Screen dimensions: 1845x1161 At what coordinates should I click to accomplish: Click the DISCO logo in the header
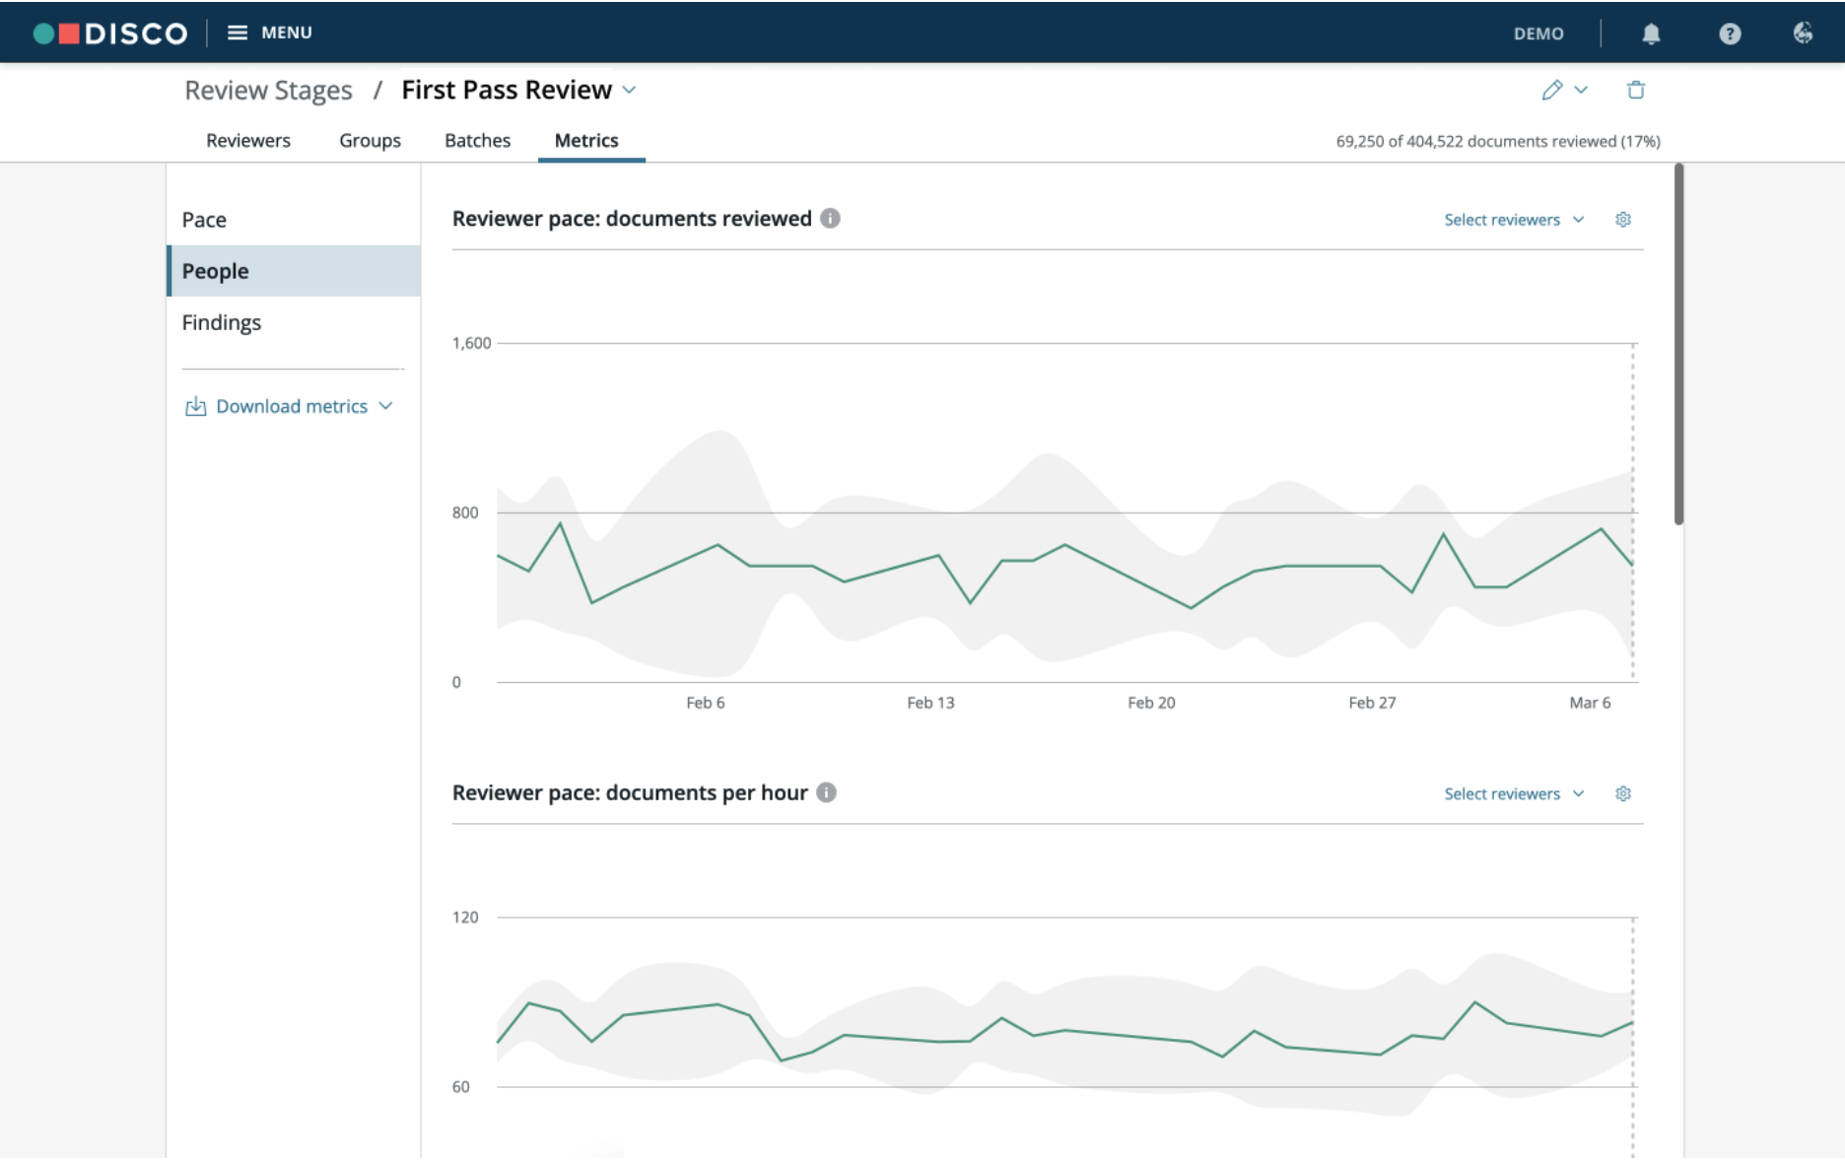(110, 34)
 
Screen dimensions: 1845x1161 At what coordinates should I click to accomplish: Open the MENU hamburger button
(269, 33)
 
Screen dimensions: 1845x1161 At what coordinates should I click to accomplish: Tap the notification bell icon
(1651, 34)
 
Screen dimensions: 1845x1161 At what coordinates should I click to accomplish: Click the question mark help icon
(1730, 34)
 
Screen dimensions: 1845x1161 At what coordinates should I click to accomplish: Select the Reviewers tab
(248, 140)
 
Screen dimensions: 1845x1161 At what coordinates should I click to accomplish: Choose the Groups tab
(370, 140)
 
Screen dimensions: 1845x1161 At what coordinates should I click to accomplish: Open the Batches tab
(477, 140)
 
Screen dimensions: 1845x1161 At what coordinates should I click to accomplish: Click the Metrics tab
(586, 140)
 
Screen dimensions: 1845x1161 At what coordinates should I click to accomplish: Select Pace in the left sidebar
(204, 220)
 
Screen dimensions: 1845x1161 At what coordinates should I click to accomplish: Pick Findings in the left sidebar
(222, 322)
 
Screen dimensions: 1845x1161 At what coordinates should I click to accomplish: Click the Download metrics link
(290, 406)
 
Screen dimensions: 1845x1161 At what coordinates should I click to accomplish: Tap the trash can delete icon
(1636, 90)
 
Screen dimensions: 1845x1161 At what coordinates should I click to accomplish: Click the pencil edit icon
(1552, 90)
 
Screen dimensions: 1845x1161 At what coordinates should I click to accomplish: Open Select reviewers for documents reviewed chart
(1514, 220)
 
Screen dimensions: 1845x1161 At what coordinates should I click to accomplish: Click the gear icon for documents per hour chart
(1623, 793)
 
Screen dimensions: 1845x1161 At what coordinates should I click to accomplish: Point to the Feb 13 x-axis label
(930, 703)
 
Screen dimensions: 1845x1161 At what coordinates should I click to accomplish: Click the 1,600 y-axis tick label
(471, 343)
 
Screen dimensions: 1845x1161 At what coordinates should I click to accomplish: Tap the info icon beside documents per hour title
(827, 792)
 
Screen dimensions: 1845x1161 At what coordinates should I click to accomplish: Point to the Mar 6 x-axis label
(1590, 703)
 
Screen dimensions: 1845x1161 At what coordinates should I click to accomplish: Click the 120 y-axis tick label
(465, 918)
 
